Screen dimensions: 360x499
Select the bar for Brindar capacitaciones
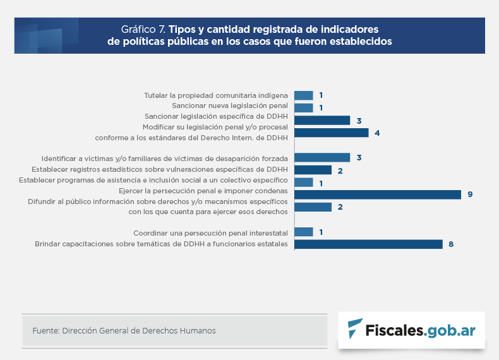368,244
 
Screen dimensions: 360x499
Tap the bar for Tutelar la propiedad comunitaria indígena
304,95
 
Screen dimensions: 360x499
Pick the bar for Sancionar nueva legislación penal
304,108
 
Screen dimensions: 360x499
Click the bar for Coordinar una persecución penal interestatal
304,232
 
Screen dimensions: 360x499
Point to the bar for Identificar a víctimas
322,157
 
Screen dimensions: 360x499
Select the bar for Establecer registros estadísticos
313,170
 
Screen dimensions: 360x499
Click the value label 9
470,195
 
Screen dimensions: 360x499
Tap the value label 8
451,244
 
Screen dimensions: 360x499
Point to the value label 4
377,133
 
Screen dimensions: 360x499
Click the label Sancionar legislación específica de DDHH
216,117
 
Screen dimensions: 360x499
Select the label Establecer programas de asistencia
153,181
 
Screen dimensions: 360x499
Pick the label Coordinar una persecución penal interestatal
210,232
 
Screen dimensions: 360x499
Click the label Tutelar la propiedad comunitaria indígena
215,95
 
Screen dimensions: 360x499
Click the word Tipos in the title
183,29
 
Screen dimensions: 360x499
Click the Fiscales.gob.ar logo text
421,330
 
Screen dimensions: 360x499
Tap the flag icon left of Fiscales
356,328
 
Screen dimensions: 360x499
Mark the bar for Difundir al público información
313,207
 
